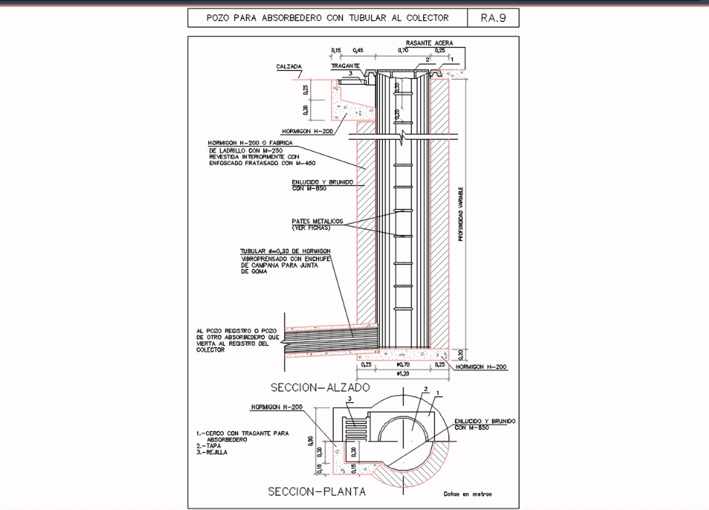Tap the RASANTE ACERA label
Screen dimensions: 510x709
click(429, 43)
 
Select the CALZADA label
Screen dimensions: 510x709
click(289, 67)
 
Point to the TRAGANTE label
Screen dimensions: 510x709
click(345, 66)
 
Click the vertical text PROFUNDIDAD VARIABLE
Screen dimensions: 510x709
click(461, 214)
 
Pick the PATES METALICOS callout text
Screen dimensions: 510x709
click(317, 221)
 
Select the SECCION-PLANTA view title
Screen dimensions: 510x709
click(316, 492)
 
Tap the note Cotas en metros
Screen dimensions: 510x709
click(467, 494)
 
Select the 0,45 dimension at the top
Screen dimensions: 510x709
click(358, 51)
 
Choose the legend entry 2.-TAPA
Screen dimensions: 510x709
click(208, 446)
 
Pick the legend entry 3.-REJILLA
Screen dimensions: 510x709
click(212, 452)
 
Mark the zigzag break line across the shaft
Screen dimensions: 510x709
click(400, 135)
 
